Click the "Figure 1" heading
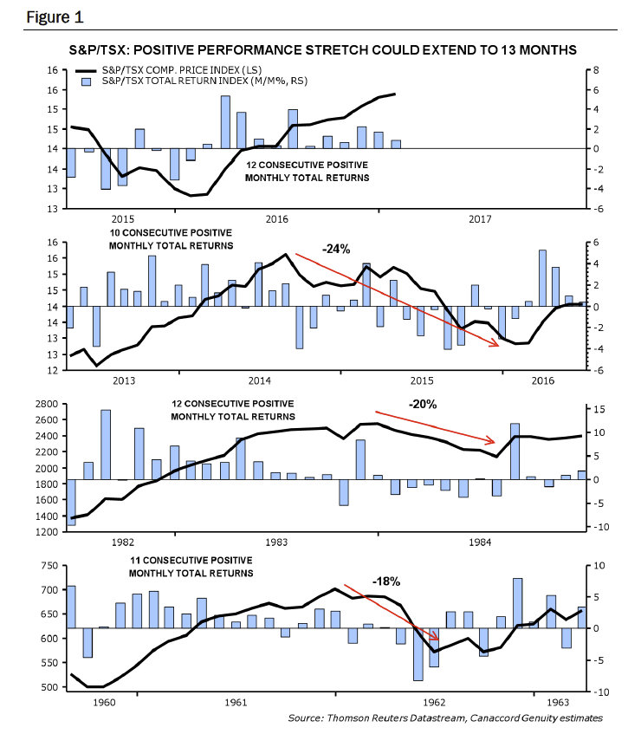tap(55, 17)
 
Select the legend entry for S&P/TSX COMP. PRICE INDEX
tap(168, 70)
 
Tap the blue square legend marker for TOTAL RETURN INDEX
tap(86, 82)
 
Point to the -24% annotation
tap(336, 249)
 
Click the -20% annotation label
tap(423, 405)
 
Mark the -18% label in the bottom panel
tap(386, 581)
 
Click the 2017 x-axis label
tap(480, 219)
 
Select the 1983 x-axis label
tap(276, 542)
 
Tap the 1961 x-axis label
tap(236, 702)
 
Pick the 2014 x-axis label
tap(260, 380)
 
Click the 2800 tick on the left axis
tap(47, 404)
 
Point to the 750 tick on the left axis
tap(49, 566)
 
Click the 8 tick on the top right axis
tap(596, 70)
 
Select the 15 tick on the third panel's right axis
tap(599, 409)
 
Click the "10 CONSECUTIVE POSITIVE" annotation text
tap(171, 232)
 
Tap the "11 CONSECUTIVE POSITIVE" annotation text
tap(191, 561)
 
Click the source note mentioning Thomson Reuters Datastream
tap(445, 718)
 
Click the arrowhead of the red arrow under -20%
tap(490, 440)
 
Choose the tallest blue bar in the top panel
tap(225, 122)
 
